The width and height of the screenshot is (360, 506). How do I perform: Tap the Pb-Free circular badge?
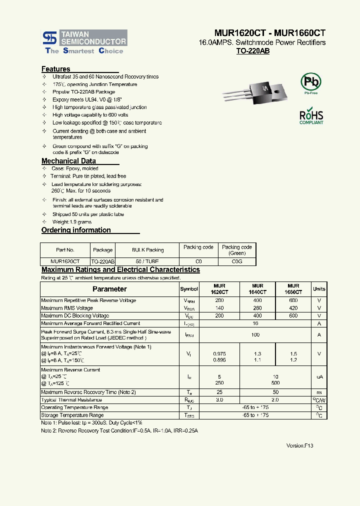[x=310, y=82]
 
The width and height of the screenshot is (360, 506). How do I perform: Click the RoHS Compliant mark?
[x=311, y=115]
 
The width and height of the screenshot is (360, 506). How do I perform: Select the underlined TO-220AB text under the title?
[x=252, y=51]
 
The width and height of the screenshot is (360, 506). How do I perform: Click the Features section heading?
[x=56, y=69]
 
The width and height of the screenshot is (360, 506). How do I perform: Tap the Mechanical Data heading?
[x=68, y=161]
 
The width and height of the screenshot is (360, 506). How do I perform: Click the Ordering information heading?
[x=76, y=230]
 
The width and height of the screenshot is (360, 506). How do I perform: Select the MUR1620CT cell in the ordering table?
[x=65, y=261]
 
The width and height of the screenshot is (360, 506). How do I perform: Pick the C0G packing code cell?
[x=237, y=261]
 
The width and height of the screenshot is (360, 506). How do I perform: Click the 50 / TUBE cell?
[x=147, y=261]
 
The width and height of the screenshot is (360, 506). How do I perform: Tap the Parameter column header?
[x=109, y=289]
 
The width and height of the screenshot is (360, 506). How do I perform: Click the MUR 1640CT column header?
[x=257, y=288]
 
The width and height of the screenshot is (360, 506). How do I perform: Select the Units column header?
[x=319, y=289]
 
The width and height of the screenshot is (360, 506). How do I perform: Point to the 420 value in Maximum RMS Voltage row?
[x=293, y=308]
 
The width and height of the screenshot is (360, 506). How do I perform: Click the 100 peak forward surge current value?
[x=255, y=334]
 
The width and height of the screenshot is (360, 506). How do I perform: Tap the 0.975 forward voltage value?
[x=219, y=353]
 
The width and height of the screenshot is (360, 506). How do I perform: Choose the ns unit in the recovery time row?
[x=319, y=392]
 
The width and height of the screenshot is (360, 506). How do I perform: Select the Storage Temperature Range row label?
[x=72, y=415]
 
